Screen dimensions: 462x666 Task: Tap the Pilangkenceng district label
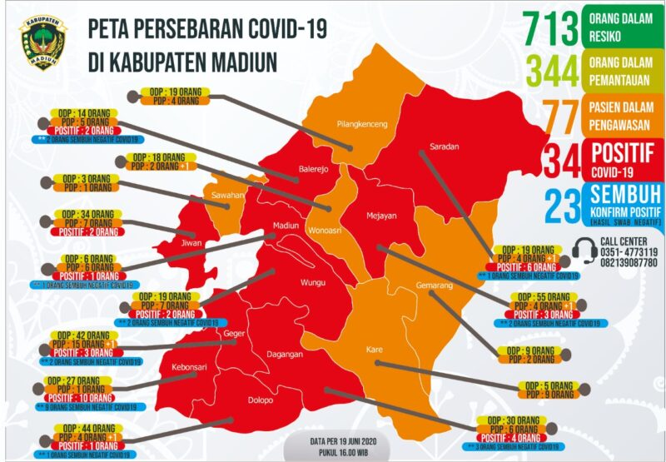point(362,125)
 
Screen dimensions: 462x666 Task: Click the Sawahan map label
point(227,195)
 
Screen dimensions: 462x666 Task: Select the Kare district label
point(374,350)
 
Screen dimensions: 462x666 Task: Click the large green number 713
point(549,28)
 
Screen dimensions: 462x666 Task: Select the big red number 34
point(563,160)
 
